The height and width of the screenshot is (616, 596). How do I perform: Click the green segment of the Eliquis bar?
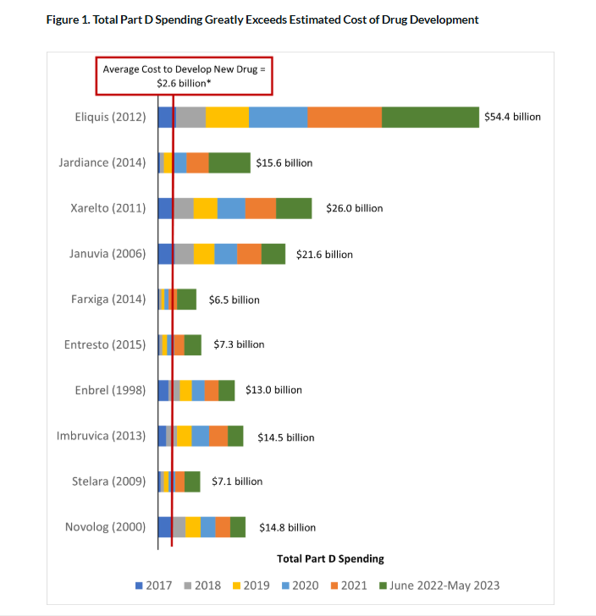[x=430, y=117]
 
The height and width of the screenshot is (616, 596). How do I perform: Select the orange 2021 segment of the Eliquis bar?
[x=345, y=117]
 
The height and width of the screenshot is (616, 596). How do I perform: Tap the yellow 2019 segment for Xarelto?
[x=206, y=208]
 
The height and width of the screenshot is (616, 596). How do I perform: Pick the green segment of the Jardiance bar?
[x=229, y=162]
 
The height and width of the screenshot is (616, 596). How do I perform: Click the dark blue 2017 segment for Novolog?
[x=165, y=527]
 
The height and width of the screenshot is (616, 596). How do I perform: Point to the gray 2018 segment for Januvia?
[x=184, y=254]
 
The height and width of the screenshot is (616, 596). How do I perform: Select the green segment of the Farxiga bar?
[x=187, y=300]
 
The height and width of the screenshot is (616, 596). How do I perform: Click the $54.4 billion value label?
[x=512, y=117]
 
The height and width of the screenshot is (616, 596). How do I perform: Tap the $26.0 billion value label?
[x=355, y=208]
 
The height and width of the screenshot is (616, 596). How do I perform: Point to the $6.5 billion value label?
[x=235, y=300]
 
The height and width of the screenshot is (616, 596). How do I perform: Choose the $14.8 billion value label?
[x=287, y=527]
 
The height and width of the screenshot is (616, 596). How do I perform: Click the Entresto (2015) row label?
[x=105, y=344]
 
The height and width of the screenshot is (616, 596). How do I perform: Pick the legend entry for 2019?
[x=251, y=586]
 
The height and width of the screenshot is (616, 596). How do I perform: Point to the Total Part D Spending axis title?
[x=330, y=558]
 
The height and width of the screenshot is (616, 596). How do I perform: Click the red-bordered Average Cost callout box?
[x=184, y=76]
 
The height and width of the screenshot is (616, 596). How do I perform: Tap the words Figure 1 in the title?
[x=68, y=19]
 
